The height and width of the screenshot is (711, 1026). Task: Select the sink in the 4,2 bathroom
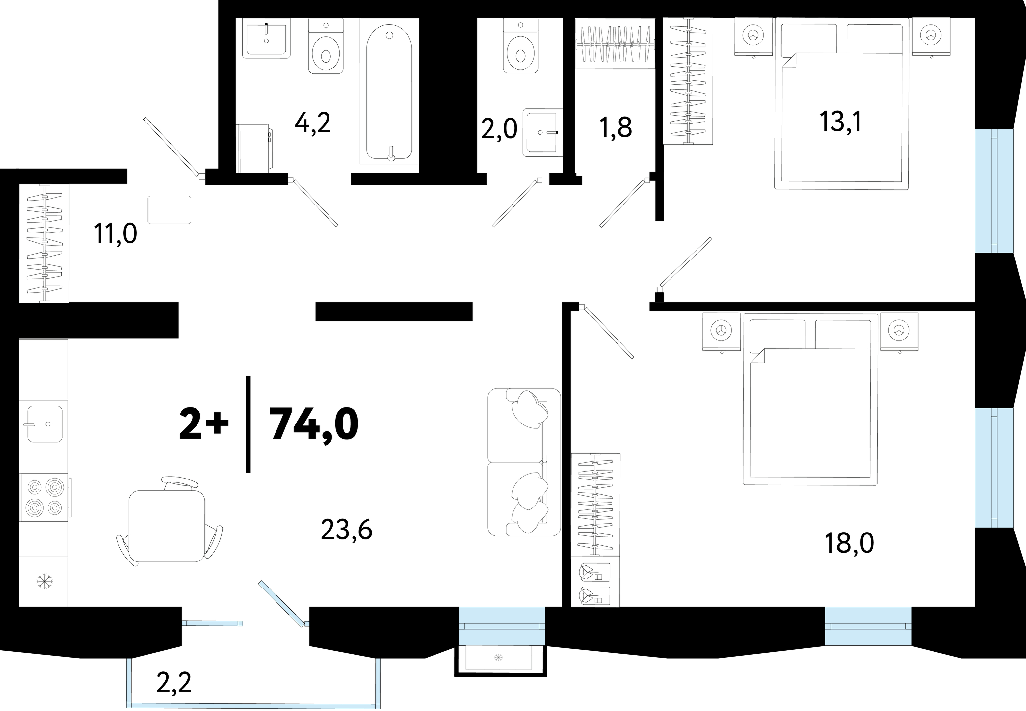pyautogui.click(x=266, y=39)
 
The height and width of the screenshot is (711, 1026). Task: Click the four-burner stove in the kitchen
pyautogui.click(x=44, y=497)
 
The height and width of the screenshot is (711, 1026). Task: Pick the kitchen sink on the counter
pyautogui.click(x=44, y=424)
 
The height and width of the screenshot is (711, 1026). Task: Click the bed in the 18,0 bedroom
pyautogui.click(x=810, y=399)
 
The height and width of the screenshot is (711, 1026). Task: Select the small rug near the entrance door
pyautogui.click(x=169, y=210)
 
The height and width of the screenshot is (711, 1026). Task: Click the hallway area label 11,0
pyautogui.click(x=115, y=233)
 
